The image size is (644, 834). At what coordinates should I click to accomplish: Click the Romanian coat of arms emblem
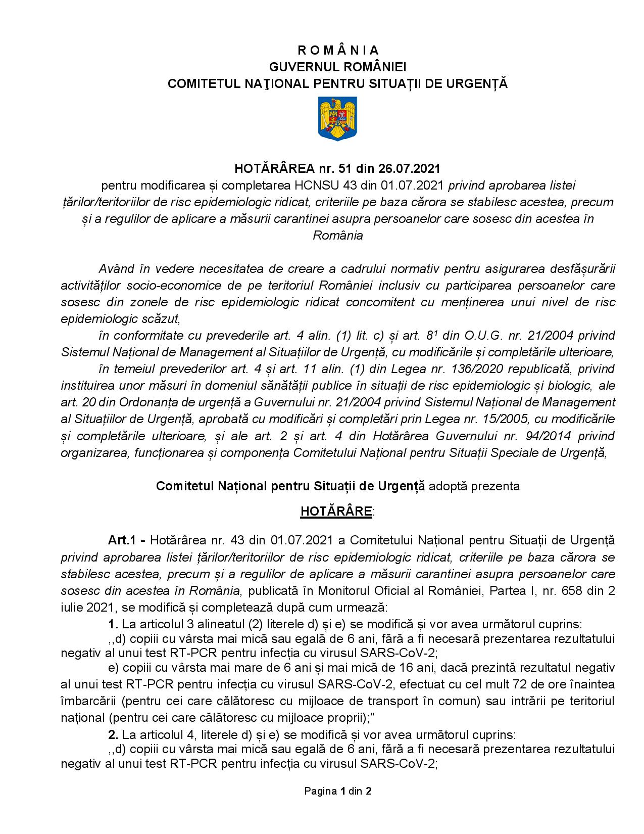click(x=337, y=119)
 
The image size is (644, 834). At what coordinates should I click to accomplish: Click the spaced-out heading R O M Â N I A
click(x=337, y=50)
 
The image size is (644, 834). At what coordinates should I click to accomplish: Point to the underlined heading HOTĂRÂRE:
click(x=337, y=511)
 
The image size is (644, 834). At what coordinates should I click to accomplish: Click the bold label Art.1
click(x=122, y=540)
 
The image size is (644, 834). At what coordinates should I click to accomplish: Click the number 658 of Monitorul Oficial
click(x=562, y=590)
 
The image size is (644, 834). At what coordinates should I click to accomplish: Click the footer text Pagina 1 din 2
click(x=337, y=791)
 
